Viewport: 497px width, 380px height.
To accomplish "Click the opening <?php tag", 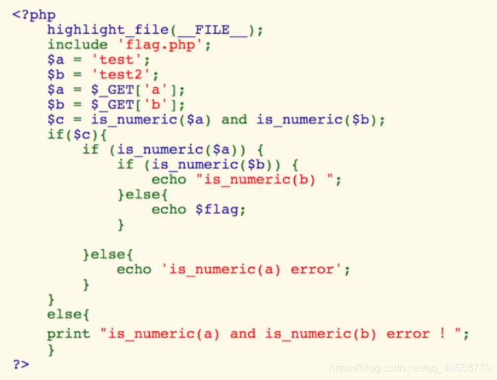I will coord(34,15).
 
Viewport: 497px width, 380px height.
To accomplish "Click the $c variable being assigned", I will coord(56,120).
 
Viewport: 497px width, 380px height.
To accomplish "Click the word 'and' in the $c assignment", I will coord(233,120).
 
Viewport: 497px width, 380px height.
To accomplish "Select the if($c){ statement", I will coord(73,135).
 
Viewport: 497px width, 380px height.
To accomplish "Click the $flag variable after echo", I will coord(220,210).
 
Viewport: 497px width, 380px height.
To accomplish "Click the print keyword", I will coord(68,334).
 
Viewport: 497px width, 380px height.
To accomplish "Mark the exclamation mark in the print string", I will coord(443,334).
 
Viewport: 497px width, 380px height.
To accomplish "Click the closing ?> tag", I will coord(21,363).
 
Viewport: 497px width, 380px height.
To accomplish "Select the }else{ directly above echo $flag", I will coord(142,195).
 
